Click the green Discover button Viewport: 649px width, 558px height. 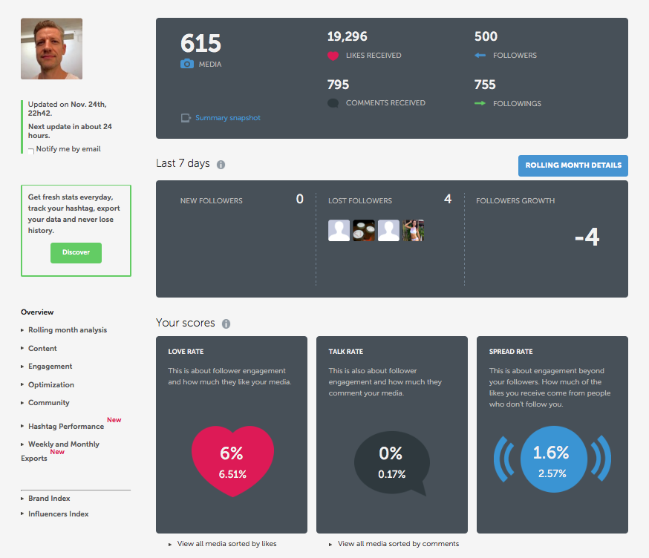[76, 252]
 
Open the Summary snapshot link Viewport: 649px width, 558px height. [227, 118]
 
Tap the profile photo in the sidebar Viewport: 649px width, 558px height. [51, 49]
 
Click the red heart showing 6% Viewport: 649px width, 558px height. [232, 461]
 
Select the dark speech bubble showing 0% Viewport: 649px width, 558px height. [391, 461]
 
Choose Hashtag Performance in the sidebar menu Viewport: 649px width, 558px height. [65, 427]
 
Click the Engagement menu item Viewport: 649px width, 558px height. [50, 367]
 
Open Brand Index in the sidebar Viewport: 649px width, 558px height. [49, 499]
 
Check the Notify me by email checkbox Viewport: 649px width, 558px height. [31, 150]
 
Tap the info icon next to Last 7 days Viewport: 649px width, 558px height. [221, 165]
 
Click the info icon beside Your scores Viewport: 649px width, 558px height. [226, 324]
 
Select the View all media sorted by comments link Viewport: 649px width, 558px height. [398, 544]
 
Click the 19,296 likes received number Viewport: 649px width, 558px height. [348, 36]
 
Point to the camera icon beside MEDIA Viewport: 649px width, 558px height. [187, 65]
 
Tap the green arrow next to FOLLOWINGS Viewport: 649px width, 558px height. [480, 104]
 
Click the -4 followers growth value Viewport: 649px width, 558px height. [587, 237]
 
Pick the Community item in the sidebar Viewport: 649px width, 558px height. [48, 403]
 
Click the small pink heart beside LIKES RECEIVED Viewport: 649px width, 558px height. [333, 56]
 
